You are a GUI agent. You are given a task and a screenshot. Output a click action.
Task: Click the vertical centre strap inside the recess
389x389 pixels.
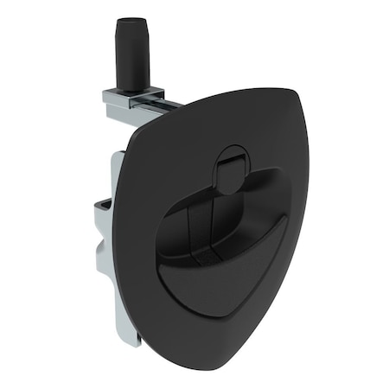(201, 229)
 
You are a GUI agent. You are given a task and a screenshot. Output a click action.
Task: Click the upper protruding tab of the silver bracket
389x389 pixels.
(102, 206)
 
